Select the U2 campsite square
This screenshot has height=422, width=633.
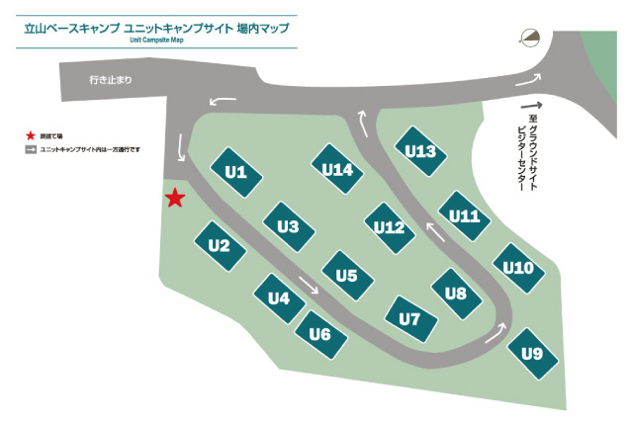(x=220, y=245)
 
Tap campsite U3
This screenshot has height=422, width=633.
(x=288, y=226)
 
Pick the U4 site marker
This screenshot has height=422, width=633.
(x=279, y=297)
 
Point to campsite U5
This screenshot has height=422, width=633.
(x=346, y=276)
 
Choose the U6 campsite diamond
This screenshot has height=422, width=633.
(x=319, y=333)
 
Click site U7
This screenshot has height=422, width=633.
(x=409, y=319)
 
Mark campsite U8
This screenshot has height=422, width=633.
(x=456, y=293)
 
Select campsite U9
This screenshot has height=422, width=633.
(x=532, y=353)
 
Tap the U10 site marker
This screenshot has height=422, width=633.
(x=518, y=268)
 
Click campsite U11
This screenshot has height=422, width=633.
(x=464, y=216)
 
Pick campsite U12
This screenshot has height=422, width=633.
(x=390, y=227)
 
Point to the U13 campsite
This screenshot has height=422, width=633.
(x=420, y=151)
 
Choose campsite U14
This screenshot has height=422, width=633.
(x=337, y=170)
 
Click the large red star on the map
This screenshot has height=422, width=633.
(x=175, y=198)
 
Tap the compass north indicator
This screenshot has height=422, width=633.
(x=531, y=39)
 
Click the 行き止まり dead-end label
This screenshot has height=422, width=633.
(x=109, y=78)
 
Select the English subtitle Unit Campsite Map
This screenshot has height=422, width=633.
(x=156, y=41)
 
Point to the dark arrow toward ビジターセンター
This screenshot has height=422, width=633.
(x=531, y=106)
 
